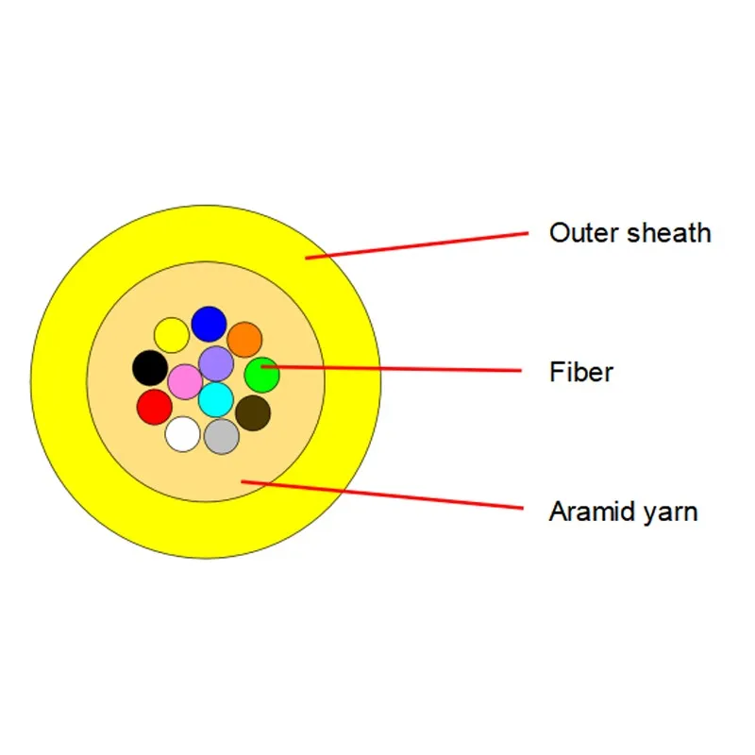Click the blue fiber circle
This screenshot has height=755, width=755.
(x=209, y=324)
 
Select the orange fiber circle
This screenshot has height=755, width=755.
(x=244, y=340)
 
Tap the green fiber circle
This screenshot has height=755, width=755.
(x=261, y=375)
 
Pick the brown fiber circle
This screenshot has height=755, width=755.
(x=253, y=412)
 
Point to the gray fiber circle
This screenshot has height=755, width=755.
(x=222, y=436)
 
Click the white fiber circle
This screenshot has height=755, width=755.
(x=182, y=434)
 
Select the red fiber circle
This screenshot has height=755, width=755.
(x=154, y=407)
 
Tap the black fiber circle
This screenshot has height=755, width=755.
(x=149, y=367)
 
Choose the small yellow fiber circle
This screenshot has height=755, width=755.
(x=171, y=334)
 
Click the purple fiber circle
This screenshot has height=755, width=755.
(x=216, y=363)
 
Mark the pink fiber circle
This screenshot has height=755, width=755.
(x=185, y=381)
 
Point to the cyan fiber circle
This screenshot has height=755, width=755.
(x=216, y=399)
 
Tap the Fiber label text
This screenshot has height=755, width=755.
(x=581, y=372)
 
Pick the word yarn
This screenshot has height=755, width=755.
(x=672, y=514)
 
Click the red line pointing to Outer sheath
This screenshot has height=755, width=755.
(x=415, y=244)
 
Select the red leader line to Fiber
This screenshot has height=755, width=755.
(x=396, y=369)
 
